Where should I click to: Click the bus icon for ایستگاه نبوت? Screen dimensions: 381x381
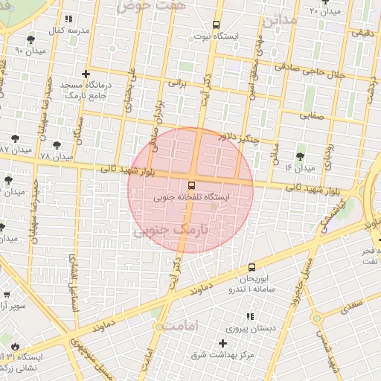[x=216, y=24]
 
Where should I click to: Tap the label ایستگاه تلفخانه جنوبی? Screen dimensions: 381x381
[x=192, y=199]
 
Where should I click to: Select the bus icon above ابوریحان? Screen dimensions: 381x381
[x=251, y=267]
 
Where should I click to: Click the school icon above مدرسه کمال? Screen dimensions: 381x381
[x=68, y=19]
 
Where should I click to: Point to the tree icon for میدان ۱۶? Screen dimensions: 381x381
[x=300, y=156]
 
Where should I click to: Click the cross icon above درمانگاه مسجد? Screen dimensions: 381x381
[x=86, y=74]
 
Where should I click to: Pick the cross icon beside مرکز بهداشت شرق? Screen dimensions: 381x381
[x=222, y=343]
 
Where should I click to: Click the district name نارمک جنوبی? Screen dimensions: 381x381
[x=167, y=231]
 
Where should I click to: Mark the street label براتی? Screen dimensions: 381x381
[x=176, y=83]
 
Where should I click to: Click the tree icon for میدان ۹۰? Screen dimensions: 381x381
[x=30, y=39]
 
